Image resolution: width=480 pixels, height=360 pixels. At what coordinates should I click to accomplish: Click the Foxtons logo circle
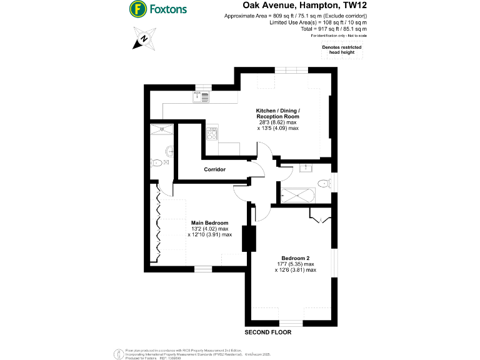(138, 9)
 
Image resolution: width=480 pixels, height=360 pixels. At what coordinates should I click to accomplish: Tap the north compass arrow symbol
(144, 39)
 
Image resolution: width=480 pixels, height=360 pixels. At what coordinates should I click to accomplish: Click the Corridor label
(214, 169)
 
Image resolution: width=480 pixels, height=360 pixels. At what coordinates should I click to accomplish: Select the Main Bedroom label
(209, 223)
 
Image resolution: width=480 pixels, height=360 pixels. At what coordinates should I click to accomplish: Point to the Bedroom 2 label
(296, 258)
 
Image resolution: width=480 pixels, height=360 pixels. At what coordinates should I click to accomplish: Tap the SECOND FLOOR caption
(267, 332)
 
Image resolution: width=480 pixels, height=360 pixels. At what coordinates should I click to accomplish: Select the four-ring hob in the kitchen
(212, 133)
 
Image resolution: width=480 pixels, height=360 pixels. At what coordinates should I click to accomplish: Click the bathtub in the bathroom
(297, 196)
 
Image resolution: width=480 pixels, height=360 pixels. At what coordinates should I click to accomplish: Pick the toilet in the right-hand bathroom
(323, 184)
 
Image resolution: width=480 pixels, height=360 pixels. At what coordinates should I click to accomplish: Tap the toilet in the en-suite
(157, 162)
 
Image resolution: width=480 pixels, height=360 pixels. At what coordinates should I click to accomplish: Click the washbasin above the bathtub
(306, 168)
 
